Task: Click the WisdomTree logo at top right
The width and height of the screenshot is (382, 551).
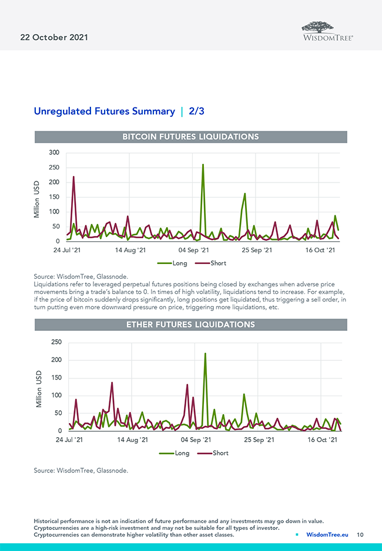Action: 327,31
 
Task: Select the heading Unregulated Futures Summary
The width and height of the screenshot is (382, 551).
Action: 104,111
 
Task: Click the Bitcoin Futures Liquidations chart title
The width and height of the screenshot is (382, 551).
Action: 190,137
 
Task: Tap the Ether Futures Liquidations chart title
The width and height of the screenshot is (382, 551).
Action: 190,324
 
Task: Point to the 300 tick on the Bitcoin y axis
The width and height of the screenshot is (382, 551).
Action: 54,153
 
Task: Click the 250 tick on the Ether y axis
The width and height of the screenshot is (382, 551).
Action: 56,342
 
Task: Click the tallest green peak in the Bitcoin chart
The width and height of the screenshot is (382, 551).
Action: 203,165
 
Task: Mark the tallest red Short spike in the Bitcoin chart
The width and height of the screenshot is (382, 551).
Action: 73,177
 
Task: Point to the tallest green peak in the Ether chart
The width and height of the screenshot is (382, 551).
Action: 205,354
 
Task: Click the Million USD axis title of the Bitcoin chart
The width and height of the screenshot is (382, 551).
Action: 37,199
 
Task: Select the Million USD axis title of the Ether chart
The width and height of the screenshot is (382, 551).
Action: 39,389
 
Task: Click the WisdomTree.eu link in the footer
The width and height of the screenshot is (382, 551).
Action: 327,535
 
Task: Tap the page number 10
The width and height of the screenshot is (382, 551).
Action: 360,535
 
